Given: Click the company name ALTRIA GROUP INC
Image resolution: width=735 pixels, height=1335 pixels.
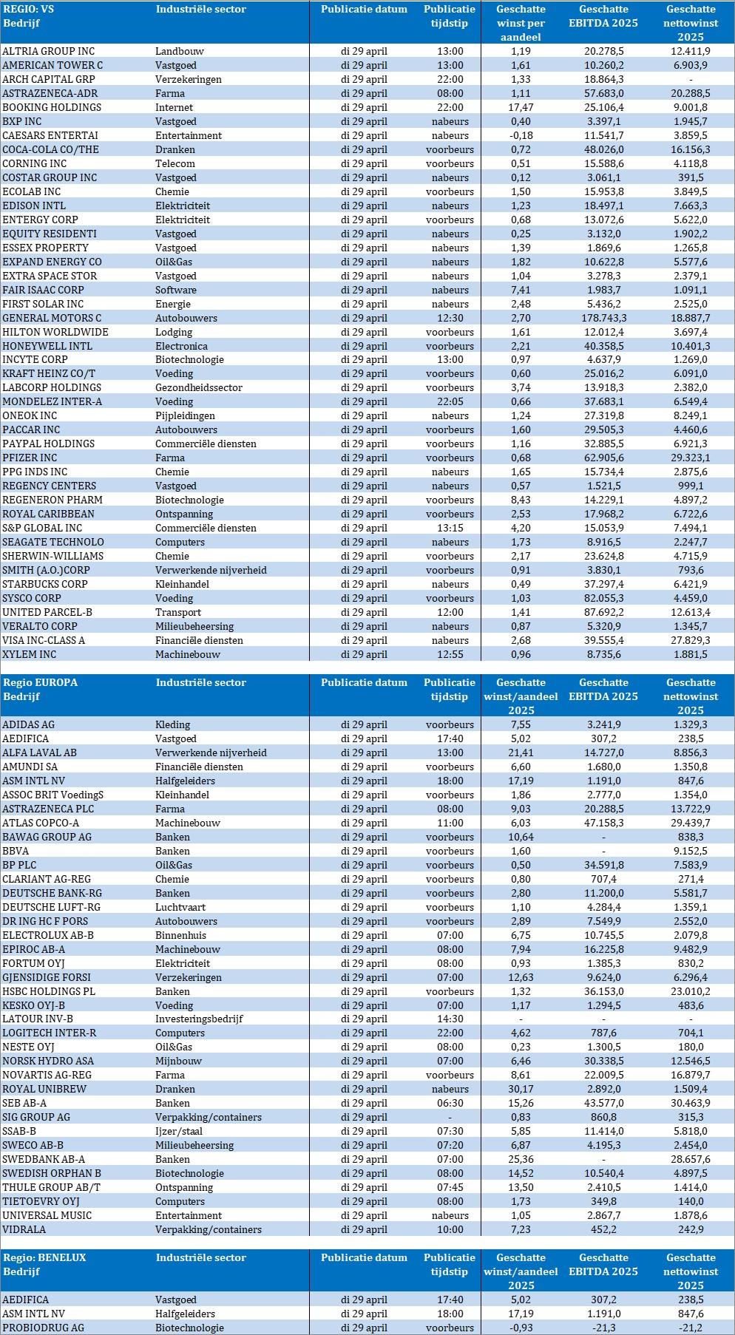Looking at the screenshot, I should click(49, 51).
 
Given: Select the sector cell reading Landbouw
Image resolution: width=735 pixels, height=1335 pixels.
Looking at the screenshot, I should click(180, 51).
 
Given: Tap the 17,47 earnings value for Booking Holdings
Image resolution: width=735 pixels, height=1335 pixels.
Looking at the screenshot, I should click(521, 107).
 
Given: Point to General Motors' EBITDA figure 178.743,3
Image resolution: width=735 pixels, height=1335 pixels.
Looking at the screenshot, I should click(603, 318).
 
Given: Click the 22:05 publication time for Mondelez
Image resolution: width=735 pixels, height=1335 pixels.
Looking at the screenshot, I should click(450, 401).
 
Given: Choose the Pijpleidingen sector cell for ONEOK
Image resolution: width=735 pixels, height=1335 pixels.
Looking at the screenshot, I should click(185, 415).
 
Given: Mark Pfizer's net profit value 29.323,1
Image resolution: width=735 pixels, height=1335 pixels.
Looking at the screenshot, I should click(691, 458).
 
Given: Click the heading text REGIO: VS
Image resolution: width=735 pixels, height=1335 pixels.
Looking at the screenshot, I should click(30, 10).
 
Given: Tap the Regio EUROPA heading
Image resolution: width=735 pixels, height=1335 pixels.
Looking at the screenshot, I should click(40, 682).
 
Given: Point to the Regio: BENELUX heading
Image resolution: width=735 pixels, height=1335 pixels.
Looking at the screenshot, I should click(44, 1257).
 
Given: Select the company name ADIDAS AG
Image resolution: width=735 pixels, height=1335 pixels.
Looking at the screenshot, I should click(29, 724).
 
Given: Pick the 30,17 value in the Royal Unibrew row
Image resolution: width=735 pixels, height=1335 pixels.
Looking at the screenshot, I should click(521, 1089).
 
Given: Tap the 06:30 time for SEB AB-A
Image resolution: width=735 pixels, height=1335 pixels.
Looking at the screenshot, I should click(450, 1103).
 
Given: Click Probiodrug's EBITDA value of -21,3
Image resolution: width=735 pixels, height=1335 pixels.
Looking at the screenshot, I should click(603, 1328).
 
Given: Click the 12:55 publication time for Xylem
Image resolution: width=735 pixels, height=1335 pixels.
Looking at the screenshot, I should click(450, 654).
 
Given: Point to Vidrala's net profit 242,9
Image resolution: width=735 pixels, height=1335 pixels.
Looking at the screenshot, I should click(691, 1229).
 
